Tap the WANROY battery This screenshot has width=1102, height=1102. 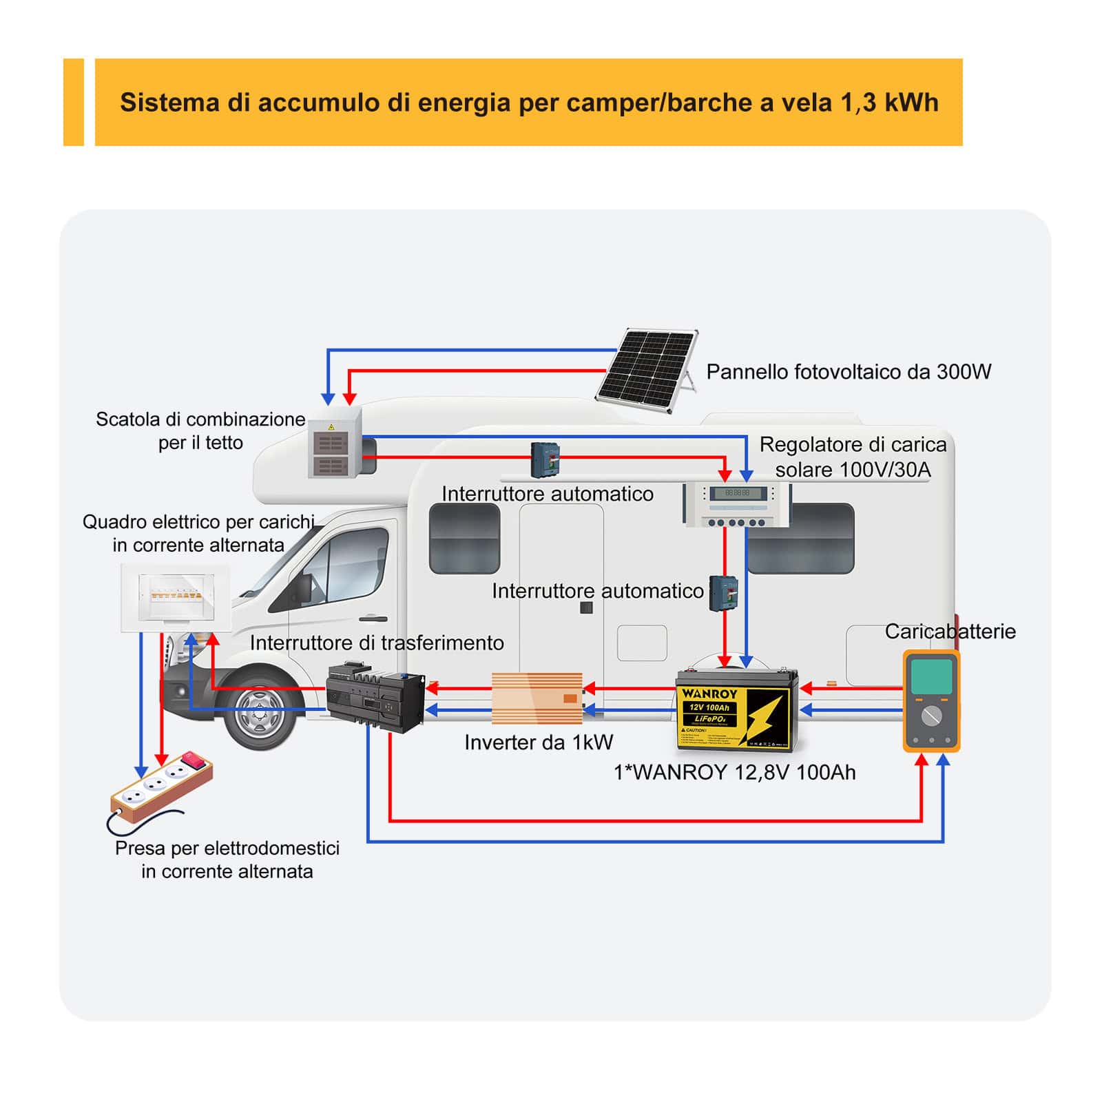[736, 709]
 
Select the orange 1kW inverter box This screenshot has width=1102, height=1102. [537, 698]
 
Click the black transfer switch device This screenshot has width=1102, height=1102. [375, 697]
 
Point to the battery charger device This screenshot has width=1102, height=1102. [931, 700]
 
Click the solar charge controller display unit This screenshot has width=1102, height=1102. [736, 504]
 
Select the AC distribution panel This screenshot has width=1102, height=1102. [175, 597]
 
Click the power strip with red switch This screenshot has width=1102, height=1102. [162, 787]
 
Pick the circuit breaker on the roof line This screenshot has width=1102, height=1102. [544, 459]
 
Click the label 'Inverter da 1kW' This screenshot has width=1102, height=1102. [538, 742]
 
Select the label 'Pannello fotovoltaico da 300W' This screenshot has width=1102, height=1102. [849, 372]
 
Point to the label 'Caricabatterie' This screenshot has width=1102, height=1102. [950, 632]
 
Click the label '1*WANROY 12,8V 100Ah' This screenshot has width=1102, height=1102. [734, 773]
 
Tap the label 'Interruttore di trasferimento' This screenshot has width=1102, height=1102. [377, 643]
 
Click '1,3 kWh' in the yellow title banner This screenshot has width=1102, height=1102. [889, 103]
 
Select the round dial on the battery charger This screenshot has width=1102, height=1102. [931, 716]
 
